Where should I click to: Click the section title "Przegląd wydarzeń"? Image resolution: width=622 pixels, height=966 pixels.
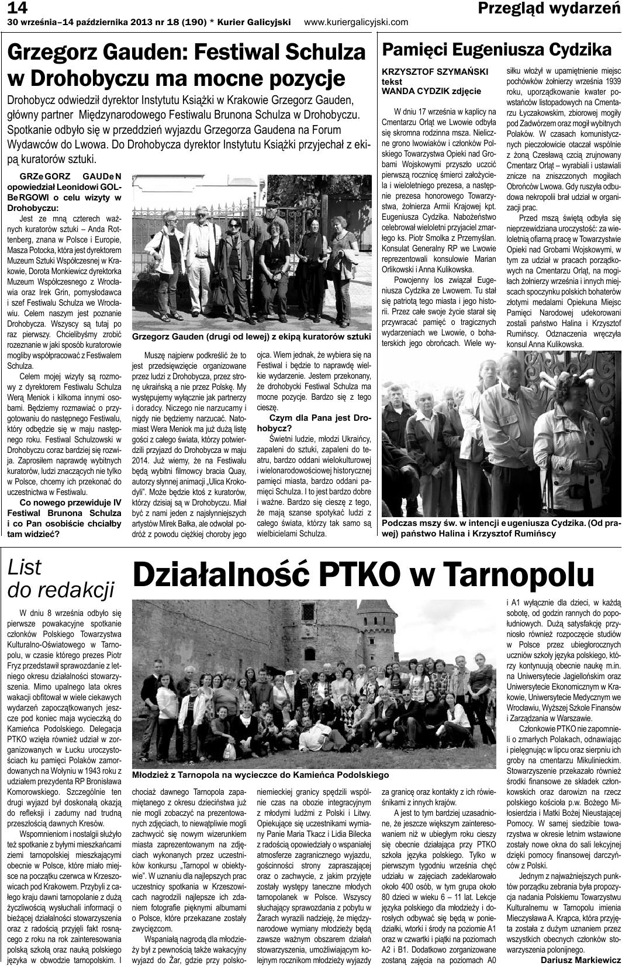548,8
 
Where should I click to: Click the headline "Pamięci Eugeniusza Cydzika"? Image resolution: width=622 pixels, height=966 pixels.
497,49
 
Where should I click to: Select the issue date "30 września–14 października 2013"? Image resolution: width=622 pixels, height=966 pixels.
85,22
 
